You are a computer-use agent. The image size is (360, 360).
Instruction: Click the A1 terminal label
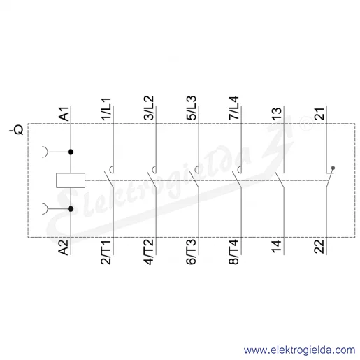point(64,114)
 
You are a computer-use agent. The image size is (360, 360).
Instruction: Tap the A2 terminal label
point(63,247)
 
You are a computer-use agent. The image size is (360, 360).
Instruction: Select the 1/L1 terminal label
point(106,109)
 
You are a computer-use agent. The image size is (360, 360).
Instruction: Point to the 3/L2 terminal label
point(149,108)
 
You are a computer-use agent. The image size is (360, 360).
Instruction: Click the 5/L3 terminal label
point(192,108)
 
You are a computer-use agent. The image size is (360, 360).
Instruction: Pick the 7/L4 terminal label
point(234,108)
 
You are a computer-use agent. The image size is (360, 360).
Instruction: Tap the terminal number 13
point(277,114)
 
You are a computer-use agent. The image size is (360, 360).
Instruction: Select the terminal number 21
point(319,114)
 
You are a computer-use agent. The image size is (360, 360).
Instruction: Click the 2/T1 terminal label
point(106,252)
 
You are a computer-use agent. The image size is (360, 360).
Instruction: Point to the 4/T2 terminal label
point(149,252)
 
